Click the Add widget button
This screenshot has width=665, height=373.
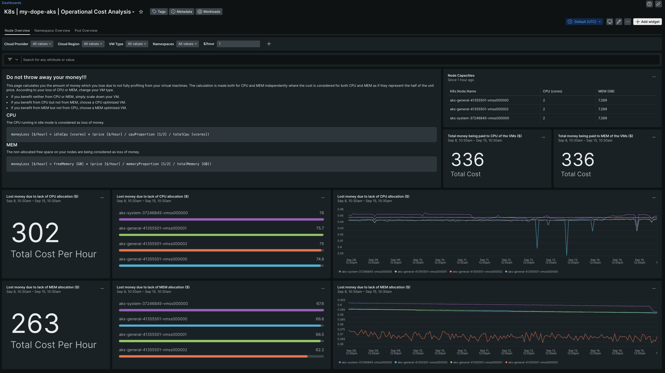tap(647, 22)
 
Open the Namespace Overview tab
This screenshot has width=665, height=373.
tap(52, 30)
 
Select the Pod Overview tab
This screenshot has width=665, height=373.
tap(86, 30)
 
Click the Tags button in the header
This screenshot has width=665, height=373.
tap(159, 12)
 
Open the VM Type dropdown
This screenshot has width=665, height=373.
tap(137, 44)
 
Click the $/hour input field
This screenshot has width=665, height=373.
tap(238, 44)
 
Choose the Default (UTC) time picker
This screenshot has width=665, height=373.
tap(584, 22)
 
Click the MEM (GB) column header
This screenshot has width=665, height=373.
tap(606, 91)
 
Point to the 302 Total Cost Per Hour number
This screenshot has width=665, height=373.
tap(35, 232)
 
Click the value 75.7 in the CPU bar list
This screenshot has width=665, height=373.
tap(320, 228)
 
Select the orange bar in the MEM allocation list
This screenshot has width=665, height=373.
tap(213, 356)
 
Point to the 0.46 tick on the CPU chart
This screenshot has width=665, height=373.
tap(340, 209)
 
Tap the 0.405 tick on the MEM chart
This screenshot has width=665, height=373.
tap(341, 300)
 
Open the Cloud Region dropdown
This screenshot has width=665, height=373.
tap(93, 44)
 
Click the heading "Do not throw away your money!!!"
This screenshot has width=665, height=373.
tap(46, 77)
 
